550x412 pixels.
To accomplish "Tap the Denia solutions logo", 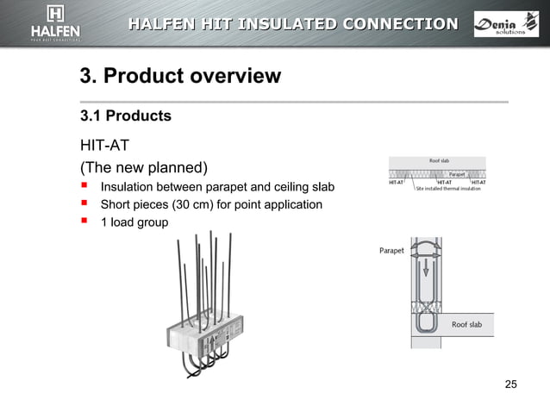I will coord(505,23).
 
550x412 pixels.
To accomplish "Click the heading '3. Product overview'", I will coord(180,76).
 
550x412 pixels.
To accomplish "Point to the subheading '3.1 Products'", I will coord(125,115).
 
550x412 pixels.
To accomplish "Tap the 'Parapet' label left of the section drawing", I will coord(392,251).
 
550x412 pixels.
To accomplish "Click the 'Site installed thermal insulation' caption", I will coord(448,188).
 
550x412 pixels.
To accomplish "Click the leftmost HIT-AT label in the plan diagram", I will coord(397,182).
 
